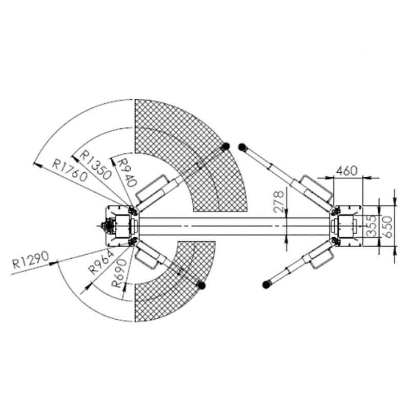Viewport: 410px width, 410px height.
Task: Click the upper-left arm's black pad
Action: coord(224,147)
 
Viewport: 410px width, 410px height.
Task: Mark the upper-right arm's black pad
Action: coord(242,147)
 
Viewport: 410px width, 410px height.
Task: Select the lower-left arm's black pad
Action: coord(201,284)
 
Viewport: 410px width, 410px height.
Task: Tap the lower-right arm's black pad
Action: coord(266,284)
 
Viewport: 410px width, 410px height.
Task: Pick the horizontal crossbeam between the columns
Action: coord(231,225)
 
